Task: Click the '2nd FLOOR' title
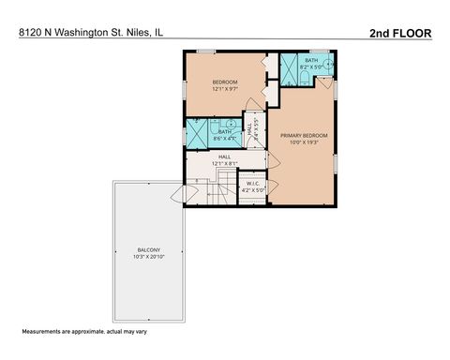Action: click(400, 32)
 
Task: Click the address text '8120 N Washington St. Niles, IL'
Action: click(84, 33)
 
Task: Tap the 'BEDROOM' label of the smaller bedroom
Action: click(225, 82)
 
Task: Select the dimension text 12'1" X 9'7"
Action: click(225, 90)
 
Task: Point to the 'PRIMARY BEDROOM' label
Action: click(301, 136)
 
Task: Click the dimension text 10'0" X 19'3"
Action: click(301, 143)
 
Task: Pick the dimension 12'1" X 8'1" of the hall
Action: click(225, 164)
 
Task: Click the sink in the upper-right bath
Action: click(327, 68)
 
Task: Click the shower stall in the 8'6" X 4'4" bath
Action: click(197, 132)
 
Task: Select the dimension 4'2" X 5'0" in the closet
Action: click(253, 189)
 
